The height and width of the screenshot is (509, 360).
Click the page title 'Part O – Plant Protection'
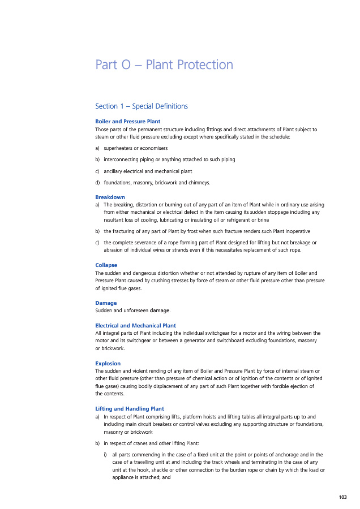164,64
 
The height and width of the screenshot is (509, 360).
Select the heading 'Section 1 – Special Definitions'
141,106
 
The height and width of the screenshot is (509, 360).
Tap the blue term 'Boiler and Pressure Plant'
127,122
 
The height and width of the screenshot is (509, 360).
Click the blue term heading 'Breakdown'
110,197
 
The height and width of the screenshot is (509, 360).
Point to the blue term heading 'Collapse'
106,265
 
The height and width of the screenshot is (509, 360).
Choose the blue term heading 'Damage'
106,303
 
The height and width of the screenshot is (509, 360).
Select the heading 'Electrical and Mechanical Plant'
135,326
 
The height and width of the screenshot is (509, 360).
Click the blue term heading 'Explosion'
108,363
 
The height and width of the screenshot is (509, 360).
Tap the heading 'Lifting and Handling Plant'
130,408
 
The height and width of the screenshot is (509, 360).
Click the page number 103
342,497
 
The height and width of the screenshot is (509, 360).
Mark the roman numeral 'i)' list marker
105,454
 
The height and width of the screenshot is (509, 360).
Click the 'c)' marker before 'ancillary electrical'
97,171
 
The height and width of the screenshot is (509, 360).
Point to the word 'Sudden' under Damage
104,310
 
